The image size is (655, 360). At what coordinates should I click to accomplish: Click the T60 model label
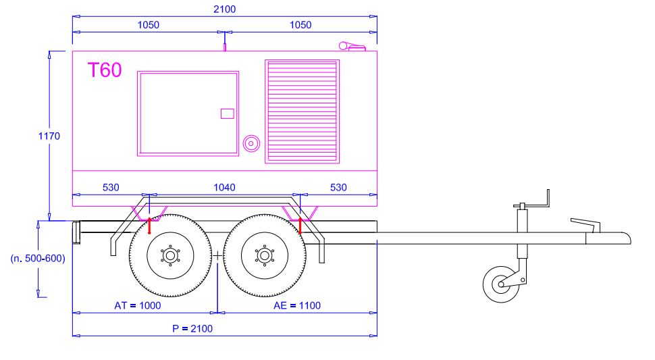point(105,70)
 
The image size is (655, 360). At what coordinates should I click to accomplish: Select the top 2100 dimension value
point(225,9)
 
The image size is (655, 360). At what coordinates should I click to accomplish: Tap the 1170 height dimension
point(49,136)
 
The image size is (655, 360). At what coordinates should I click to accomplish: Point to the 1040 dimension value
point(225,188)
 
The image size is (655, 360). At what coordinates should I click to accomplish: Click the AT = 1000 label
point(138,306)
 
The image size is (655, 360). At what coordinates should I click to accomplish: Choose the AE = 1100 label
point(297,306)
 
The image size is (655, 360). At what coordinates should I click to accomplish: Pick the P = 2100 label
point(192,329)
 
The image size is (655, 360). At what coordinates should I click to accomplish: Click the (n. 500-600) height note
point(38,259)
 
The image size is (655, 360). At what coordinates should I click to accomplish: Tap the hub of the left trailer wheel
point(170,255)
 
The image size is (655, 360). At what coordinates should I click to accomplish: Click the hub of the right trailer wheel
point(265,255)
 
